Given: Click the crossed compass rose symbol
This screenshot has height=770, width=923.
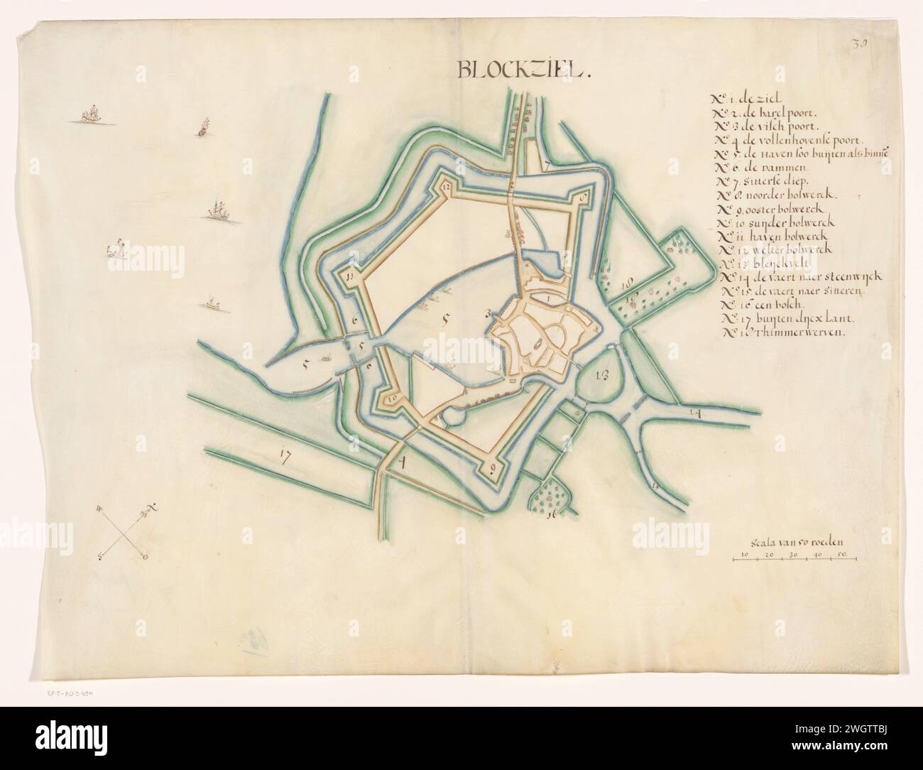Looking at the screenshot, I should coord(126,532).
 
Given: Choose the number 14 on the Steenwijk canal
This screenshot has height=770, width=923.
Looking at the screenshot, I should coord(694,412).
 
